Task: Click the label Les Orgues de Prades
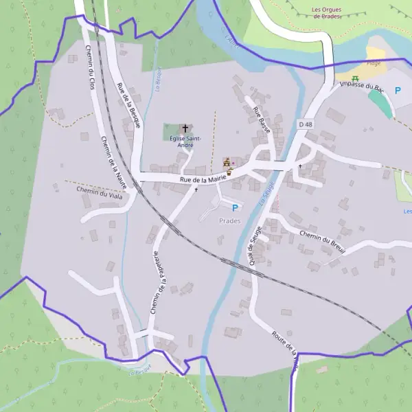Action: [326, 13]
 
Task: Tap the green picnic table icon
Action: [356, 80]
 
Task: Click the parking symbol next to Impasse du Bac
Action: [398, 90]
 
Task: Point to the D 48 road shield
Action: [306, 124]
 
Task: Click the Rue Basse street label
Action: [262, 120]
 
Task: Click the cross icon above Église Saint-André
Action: [185, 128]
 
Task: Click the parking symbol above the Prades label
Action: [235, 207]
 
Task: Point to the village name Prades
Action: [229, 220]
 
